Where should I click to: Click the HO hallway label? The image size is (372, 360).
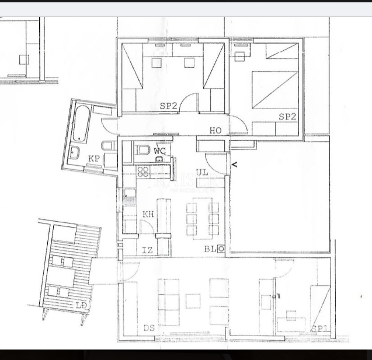point(215,131)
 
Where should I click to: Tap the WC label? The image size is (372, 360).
point(159,151)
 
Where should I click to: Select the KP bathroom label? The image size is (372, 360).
point(93,159)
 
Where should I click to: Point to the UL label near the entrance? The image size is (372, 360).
point(202,173)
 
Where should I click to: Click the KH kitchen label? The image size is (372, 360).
point(148,214)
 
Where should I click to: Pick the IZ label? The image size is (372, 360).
point(148,250)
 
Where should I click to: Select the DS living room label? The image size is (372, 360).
point(149,328)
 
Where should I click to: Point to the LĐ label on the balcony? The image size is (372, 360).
point(81,305)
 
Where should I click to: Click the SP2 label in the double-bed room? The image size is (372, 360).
point(287,117)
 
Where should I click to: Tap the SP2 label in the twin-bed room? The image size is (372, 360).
point(168,106)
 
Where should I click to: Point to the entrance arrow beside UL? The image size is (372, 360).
point(234,165)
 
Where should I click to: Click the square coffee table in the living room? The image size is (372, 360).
point(193,301)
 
